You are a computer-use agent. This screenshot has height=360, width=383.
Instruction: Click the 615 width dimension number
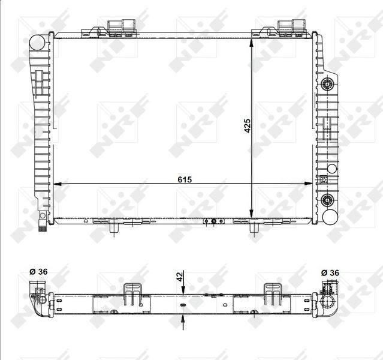184,179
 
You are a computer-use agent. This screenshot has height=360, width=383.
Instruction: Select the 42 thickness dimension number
179,277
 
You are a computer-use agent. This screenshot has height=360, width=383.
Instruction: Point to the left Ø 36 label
38,272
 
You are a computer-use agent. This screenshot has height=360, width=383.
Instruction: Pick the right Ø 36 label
331,272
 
